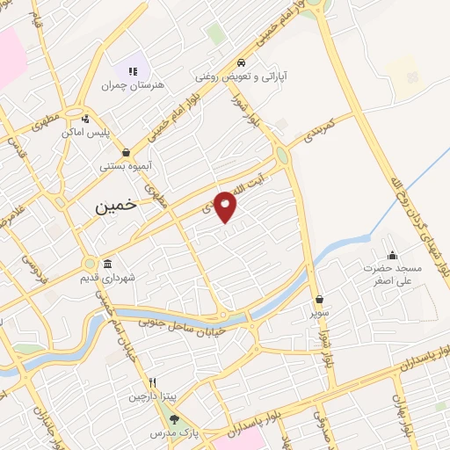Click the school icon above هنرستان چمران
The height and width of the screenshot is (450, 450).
point(133,70)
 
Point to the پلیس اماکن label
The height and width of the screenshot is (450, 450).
point(84,131)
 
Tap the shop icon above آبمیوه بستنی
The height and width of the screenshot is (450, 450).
point(127,151)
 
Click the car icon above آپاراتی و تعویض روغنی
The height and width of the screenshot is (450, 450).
point(241,63)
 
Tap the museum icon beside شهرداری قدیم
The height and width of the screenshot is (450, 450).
point(107,265)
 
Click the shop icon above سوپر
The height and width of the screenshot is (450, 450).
point(317,299)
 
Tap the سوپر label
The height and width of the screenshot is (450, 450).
point(317,312)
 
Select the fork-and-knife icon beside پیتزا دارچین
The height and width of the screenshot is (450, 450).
point(152,382)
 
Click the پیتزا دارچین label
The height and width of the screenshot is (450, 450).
point(147,396)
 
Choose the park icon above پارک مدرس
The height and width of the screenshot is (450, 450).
point(174,418)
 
